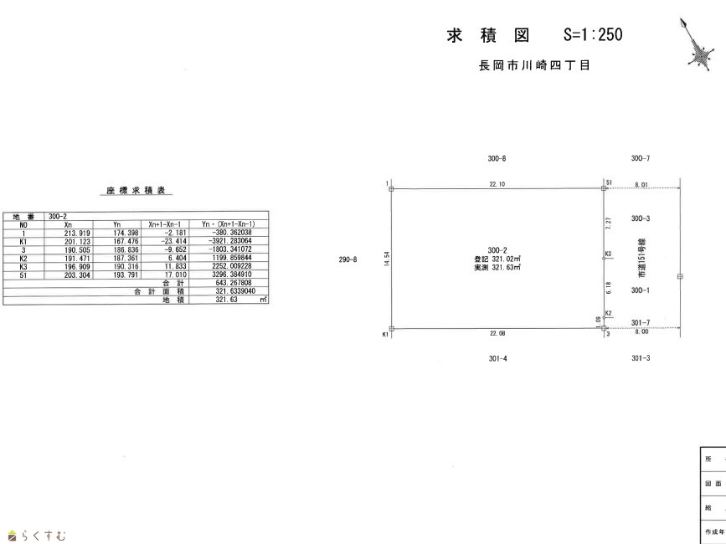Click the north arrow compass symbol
click(x=698, y=49)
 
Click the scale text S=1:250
click(x=593, y=35)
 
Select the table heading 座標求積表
click(x=137, y=192)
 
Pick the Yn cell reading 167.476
click(x=116, y=241)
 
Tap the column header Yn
click(x=116, y=225)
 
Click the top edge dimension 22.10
click(x=497, y=184)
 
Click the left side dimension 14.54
click(x=386, y=259)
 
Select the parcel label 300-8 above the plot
click(x=497, y=158)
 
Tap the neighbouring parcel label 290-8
click(x=348, y=259)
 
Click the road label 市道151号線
click(x=641, y=259)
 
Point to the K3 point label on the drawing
click(x=608, y=254)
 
